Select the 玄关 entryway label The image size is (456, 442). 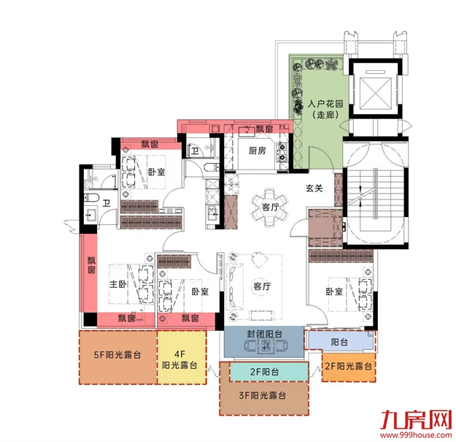pos(314,188)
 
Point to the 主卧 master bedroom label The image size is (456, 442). pos(119,286)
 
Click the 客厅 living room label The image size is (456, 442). pos(262,286)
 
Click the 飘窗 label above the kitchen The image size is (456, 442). pos(264,129)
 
